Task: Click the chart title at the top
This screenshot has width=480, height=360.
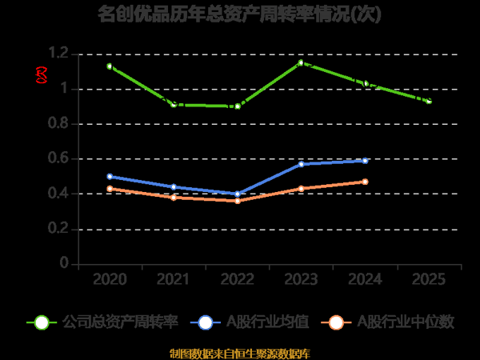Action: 239,14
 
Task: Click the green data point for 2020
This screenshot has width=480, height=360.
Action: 110,66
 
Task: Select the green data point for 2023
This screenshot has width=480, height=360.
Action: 301,62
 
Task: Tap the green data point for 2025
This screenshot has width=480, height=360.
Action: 429,102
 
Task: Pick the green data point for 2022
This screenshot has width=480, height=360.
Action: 238,106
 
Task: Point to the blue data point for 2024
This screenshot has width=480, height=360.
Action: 365,161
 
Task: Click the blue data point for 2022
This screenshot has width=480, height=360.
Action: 238,194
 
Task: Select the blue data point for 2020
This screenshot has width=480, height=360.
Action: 110,176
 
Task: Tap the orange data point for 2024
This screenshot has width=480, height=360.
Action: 365,182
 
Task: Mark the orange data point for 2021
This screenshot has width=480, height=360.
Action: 174,197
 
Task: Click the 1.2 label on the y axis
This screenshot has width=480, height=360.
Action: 58,54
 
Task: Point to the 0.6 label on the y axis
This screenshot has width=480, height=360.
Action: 58,158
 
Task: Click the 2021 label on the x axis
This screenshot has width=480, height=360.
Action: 174,279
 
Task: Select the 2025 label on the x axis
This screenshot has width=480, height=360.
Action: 429,279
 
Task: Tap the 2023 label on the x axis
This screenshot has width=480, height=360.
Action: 301,279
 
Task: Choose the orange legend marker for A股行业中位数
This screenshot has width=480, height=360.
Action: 337,322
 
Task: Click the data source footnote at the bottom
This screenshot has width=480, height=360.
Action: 239,353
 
